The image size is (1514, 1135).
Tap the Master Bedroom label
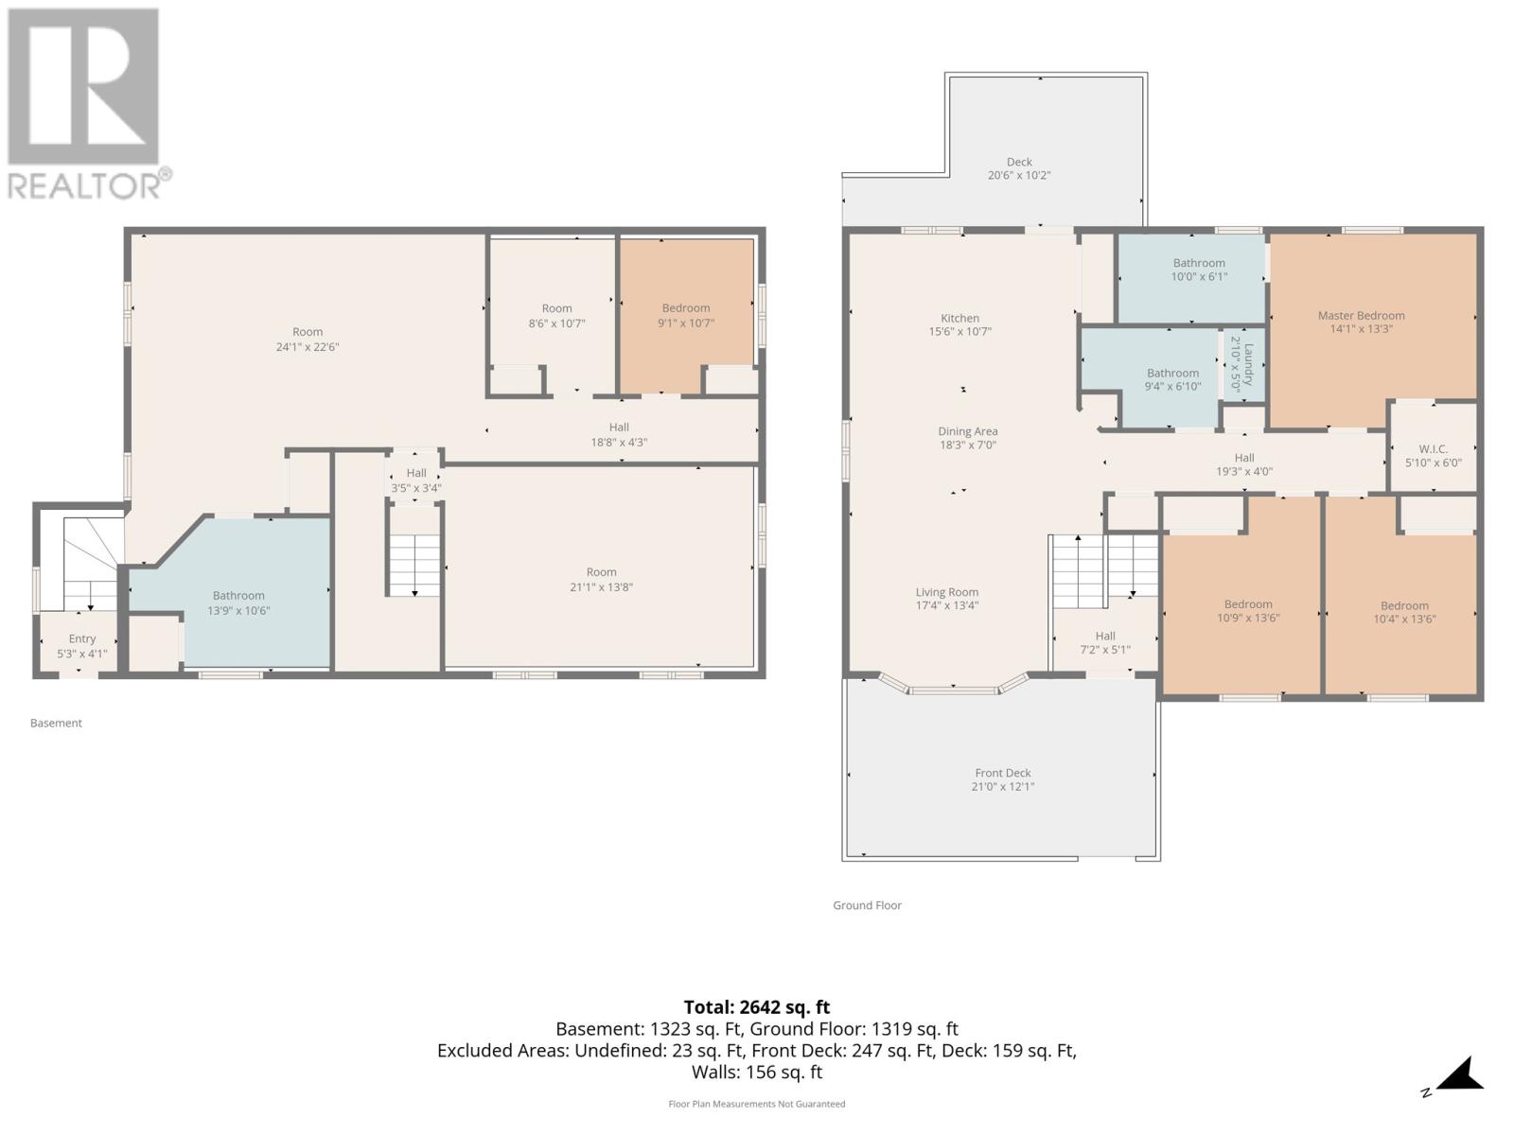1361,316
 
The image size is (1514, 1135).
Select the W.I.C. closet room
1433,455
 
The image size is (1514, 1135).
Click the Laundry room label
1241,364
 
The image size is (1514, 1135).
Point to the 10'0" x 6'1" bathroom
1198,270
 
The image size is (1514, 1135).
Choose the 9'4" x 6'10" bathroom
1172,379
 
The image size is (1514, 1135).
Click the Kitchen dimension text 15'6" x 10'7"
959,332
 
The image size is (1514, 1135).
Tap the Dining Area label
967,431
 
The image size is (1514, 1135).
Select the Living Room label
946,592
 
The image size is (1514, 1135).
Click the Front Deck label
1002,773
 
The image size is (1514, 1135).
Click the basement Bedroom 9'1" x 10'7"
685,315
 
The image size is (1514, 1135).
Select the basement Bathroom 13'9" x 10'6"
238,602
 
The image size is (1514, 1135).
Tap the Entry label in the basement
81,639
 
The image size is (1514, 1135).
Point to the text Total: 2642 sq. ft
756,1007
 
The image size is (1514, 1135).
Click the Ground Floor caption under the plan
867,905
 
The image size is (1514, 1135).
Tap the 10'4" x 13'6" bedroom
1403,612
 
